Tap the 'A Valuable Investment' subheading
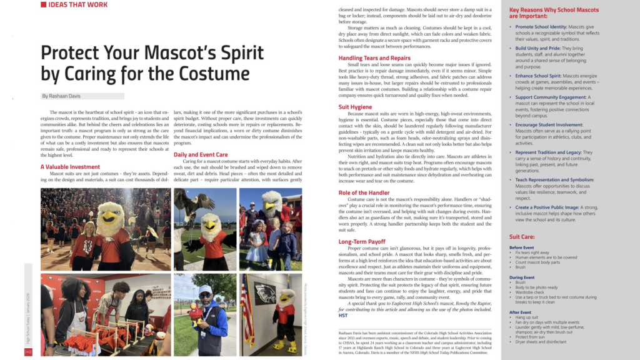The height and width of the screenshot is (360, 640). click(70, 167)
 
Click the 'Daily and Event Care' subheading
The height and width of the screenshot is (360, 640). click(201, 154)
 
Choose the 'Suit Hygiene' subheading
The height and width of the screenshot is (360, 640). click(356, 107)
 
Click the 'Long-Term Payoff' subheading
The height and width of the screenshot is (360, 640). click(362, 241)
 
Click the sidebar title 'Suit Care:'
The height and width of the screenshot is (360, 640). click(522, 237)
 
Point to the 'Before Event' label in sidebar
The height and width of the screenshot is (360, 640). click(522, 247)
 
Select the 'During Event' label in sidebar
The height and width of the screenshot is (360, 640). click(522, 277)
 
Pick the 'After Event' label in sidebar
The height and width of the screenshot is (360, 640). click(520, 312)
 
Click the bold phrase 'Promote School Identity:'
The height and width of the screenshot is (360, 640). click(541, 27)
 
